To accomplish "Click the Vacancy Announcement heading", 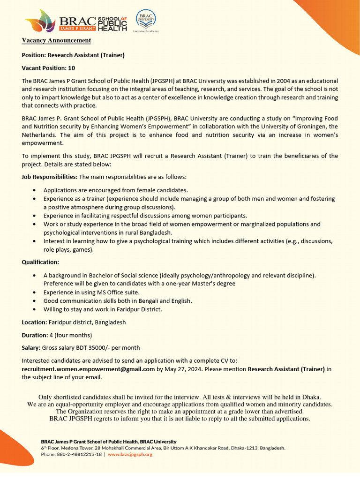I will point(56,41).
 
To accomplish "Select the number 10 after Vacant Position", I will point(71,68).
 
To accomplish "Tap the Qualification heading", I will point(40,262).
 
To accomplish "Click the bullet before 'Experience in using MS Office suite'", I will point(36,292).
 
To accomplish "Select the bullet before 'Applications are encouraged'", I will point(36,190).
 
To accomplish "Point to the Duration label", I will point(34,335).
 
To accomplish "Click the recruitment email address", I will point(88,369).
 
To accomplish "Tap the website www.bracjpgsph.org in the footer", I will point(130,455).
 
